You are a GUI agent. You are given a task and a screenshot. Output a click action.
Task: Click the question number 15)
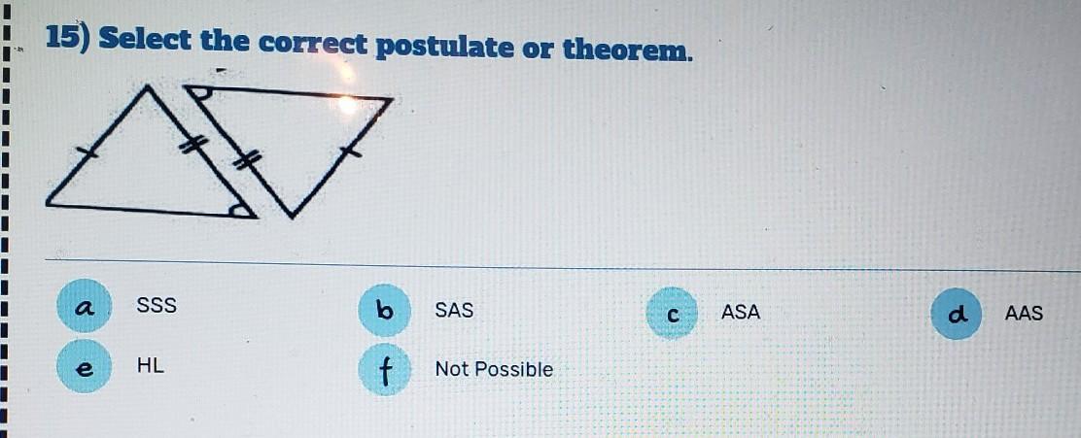pyautogui.click(x=69, y=40)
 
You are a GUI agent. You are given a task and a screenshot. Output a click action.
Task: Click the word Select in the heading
pyautogui.click(x=146, y=40)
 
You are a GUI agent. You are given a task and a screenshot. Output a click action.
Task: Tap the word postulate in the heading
pyautogui.click(x=444, y=48)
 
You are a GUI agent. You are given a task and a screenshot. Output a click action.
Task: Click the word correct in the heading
pyautogui.click(x=313, y=44)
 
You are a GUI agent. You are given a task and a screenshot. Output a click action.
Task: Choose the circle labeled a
pyautogui.click(x=85, y=306)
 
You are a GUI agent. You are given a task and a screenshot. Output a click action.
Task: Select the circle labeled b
pyautogui.click(x=385, y=310)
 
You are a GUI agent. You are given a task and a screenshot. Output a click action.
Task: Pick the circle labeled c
pyautogui.click(x=673, y=314)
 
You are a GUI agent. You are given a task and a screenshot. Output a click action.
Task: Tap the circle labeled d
pyautogui.click(x=957, y=314)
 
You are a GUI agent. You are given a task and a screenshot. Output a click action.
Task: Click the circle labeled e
pyautogui.click(x=85, y=366)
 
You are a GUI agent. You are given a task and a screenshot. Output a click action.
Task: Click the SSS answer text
pyautogui.click(x=157, y=305)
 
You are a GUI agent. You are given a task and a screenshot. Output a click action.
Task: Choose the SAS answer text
pyautogui.click(x=454, y=311)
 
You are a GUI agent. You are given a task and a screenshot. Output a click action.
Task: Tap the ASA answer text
pyautogui.click(x=741, y=313)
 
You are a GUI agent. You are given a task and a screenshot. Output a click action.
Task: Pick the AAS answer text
pyautogui.click(x=1024, y=314)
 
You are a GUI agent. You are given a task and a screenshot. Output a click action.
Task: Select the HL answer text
pyautogui.click(x=151, y=366)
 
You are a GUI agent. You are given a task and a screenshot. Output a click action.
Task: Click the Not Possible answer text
pyautogui.click(x=494, y=370)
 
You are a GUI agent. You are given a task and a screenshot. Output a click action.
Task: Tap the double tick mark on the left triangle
pyautogui.click(x=193, y=145)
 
